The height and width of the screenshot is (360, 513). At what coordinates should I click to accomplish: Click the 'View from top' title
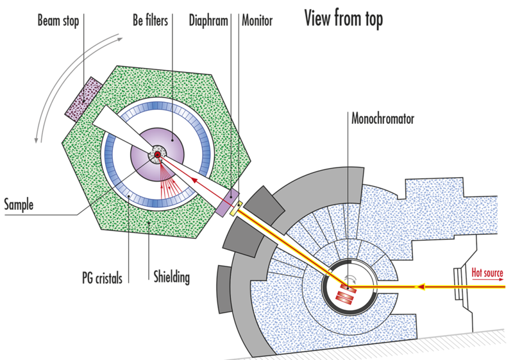point(343,20)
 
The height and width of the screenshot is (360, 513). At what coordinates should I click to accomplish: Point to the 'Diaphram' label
point(209,21)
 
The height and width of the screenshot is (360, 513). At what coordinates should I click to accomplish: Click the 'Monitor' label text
point(256,21)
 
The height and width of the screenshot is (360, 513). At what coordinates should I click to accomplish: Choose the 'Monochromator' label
point(383,119)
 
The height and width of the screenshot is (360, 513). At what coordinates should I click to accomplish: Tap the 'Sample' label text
point(19,205)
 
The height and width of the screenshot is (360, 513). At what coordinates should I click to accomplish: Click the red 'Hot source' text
point(487,273)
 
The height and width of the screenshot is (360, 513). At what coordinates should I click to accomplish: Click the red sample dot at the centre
point(156,155)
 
